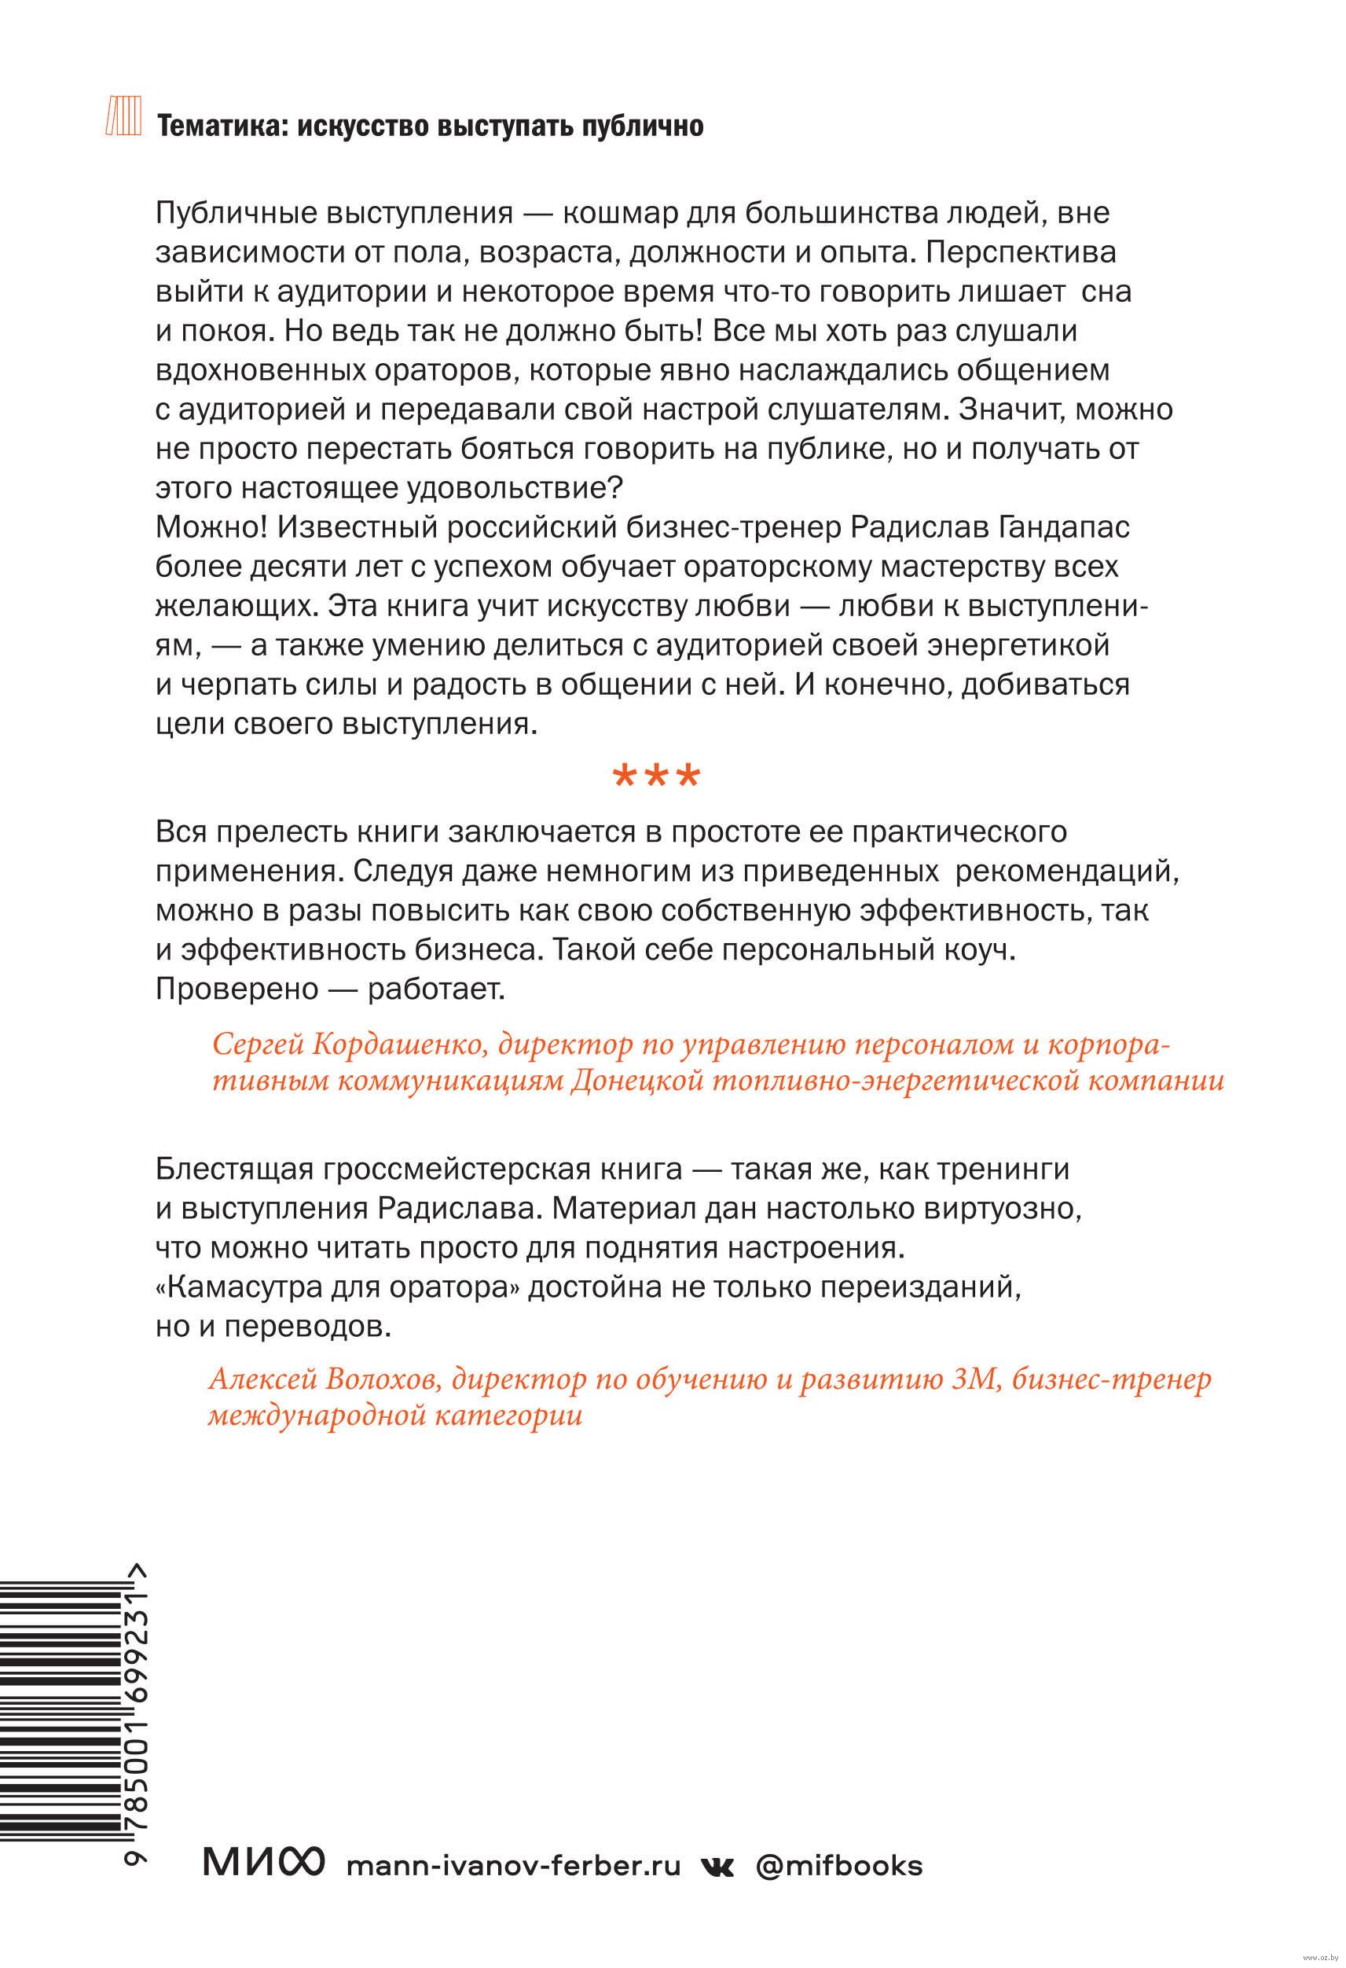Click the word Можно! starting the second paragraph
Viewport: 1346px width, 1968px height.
click(210, 527)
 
